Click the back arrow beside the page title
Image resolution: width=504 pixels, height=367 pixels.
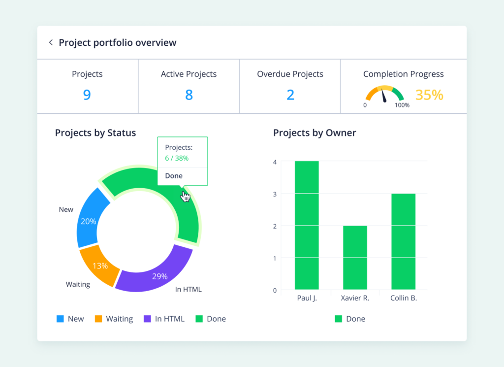pyautogui.click(x=51, y=42)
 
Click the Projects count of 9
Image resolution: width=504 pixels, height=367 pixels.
pyautogui.click(x=87, y=95)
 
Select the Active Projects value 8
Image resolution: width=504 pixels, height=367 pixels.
pyautogui.click(x=189, y=95)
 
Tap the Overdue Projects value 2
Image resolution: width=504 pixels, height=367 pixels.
pyautogui.click(x=290, y=95)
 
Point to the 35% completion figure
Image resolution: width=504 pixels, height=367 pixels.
pyautogui.click(x=429, y=95)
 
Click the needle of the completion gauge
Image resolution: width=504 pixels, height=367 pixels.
pyautogui.click(x=384, y=96)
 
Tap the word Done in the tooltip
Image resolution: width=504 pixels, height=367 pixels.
pyautogui.click(x=174, y=176)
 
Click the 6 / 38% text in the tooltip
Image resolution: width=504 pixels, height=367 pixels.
pyautogui.click(x=177, y=158)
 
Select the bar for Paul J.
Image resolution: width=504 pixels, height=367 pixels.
pyautogui.click(x=307, y=225)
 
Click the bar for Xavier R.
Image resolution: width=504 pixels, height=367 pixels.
pyautogui.click(x=355, y=258)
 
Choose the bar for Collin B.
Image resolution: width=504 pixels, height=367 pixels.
pyautogui.click(x=404, y=241)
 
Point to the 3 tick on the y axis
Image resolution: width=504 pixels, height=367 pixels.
pyautogui.click(x=275, y=194)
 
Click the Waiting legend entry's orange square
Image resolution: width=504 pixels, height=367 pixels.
pyautogui.click(x=98, y=319)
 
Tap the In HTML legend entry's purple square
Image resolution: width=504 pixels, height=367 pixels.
pyautogui.click(x=147, y=319)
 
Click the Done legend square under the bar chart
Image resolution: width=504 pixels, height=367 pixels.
pyautogui.click(x=339, y=319)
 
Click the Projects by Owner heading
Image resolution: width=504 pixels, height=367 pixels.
pyautogui.click(x=315, y=133)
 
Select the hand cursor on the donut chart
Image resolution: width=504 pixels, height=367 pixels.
pyautogui.click(x=185, y=196)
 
